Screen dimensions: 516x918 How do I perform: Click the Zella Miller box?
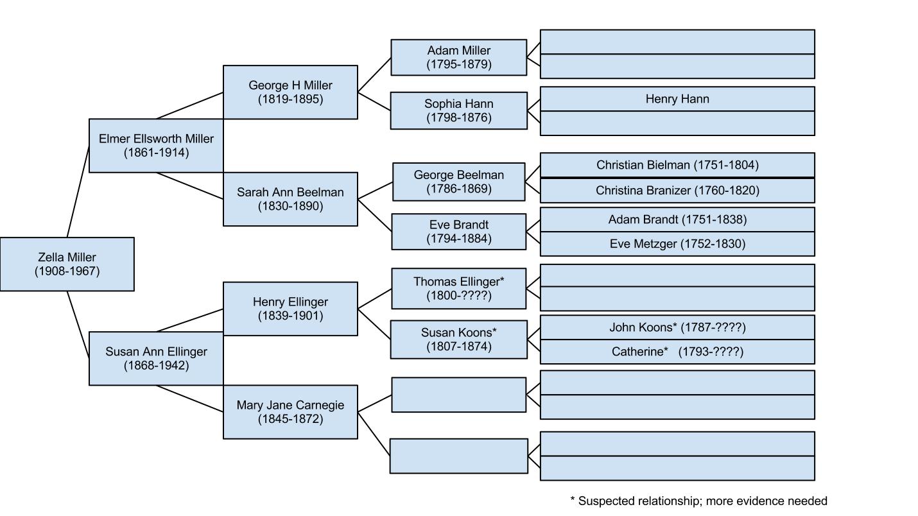click(67, 264)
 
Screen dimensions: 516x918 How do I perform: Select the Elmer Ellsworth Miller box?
click(156, 145)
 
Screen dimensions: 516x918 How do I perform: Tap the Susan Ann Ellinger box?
click(156, 358)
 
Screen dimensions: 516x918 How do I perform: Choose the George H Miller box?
click(290, 92)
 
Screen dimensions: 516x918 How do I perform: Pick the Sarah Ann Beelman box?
click(290, 199)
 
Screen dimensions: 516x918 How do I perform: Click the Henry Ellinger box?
click(290, 309)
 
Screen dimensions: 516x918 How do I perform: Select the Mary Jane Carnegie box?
click(290, 412)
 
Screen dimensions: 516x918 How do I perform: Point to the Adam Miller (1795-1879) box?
click(458, 57)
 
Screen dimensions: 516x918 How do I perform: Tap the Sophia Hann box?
click(458, 110)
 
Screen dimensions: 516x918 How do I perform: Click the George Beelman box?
click(458, 182)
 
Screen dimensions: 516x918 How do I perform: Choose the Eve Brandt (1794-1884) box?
click(458, 232)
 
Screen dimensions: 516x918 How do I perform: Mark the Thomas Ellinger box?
click(458, 289)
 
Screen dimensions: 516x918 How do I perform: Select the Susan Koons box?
click(458, 340)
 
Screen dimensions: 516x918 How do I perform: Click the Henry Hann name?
click(677, 99)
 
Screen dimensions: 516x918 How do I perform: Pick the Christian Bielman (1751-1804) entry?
click(677, 165)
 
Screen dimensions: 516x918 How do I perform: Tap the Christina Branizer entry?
click(677, 191)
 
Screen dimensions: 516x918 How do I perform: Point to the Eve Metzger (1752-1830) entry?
click(677, 244)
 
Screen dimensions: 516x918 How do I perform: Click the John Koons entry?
click(677, 327)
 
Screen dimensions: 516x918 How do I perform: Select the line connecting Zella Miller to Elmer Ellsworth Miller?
click(78, 192)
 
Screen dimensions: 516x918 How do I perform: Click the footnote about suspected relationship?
click(698, 501)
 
